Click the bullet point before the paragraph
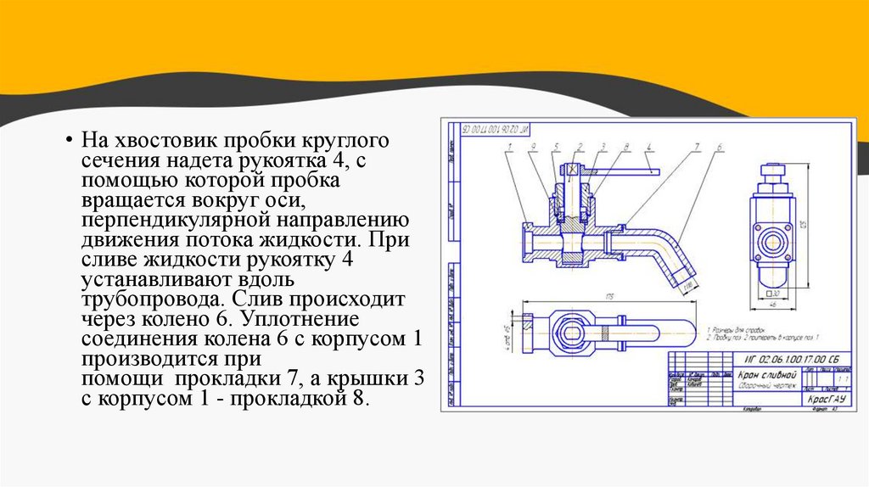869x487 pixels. (66, 140)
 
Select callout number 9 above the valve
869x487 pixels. (533, 147)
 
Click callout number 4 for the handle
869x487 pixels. (648, 147)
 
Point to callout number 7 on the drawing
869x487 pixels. (695, 147)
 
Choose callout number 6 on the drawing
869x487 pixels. (719, 147)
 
